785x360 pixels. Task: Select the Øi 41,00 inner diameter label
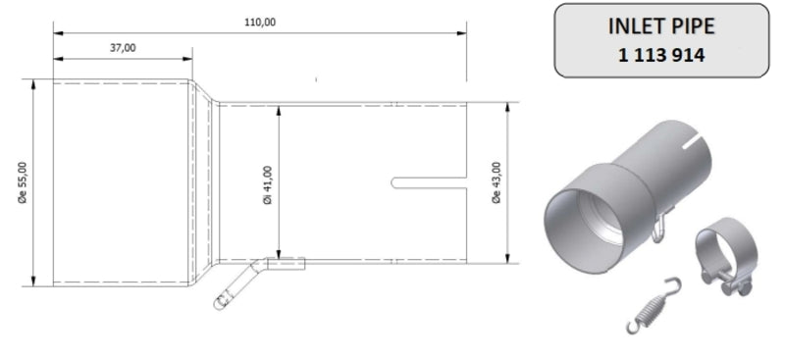[267, 181]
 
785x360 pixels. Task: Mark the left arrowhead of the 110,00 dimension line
[57, 32]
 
